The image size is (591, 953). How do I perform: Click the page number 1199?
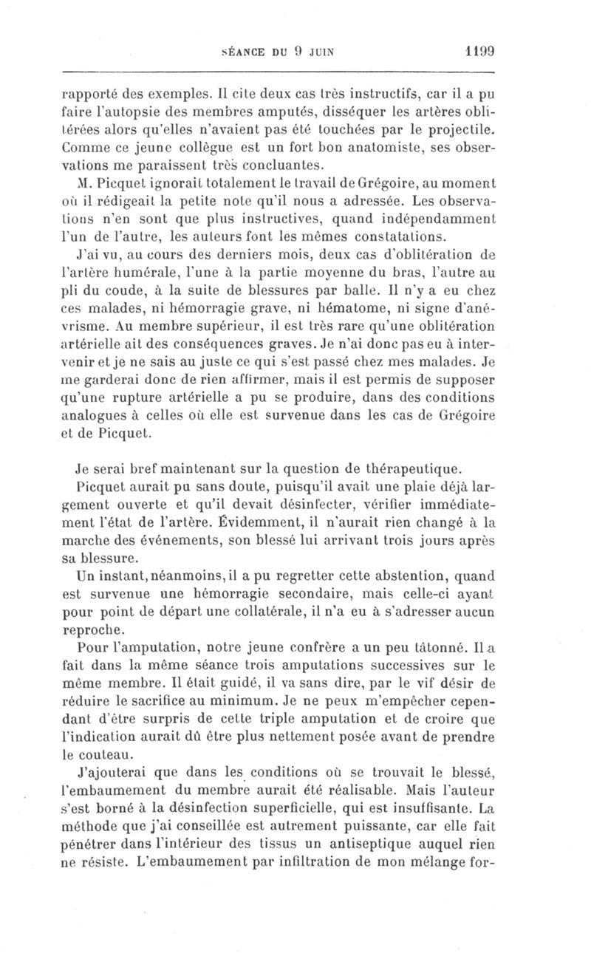(479, 52)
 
